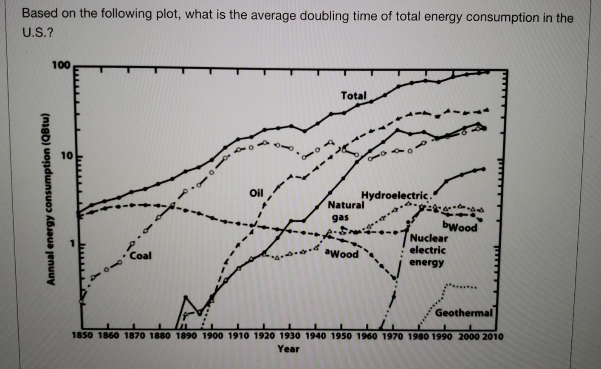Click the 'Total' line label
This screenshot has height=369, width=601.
point(353,96)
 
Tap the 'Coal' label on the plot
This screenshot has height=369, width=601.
point(141,256)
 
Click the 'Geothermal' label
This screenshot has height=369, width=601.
point(463,313)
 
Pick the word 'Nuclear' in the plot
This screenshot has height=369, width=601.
point(428,239)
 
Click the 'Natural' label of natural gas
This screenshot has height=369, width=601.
point(346,205)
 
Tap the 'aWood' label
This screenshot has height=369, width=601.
point(341,254)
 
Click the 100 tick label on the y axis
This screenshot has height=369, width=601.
point(60,65)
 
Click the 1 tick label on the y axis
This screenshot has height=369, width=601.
point(72,244)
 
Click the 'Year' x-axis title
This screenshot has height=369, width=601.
point(288,349)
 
